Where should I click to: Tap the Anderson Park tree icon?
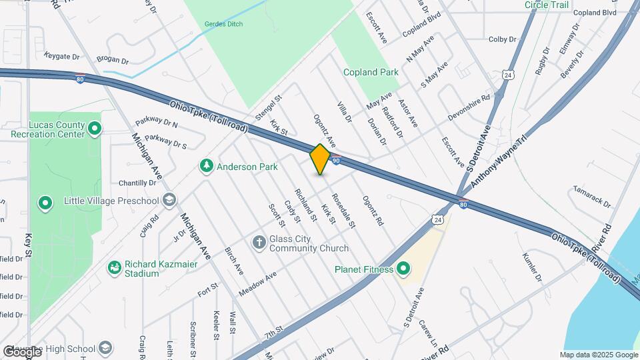pos(207,167)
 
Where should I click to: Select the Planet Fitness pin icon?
pos(403,269)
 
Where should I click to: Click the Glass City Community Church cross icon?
pos(259,241)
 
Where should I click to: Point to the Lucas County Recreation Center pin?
pos(94,129)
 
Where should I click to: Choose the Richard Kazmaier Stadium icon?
pos(115,268)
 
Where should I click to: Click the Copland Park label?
pos(371,72)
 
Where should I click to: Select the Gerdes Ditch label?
pos(224,24)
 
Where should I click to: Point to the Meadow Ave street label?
pos(257,285)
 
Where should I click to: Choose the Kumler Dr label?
pos(533,267)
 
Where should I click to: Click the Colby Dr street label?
pos(503,39)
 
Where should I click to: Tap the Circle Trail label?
pos(547,5)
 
